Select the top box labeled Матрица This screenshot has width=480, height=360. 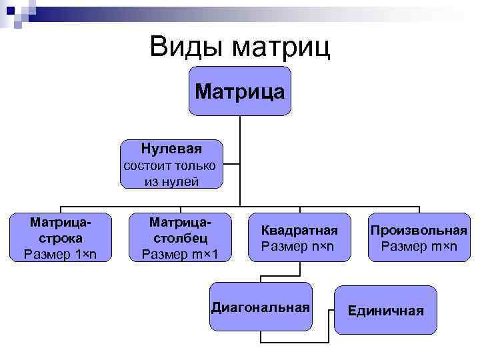pyautogui.click(x=240, y=91)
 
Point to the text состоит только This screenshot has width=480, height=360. pyautogui.click(x=171, y=165)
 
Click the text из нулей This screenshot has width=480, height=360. pyautogui.click(x=171, y=181)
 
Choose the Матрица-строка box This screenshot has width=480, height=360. pyautogui.click(x=60, y=237)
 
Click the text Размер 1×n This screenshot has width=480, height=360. pyautogui.click(x=60, y=253)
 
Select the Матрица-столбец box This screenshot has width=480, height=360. pyautogui.click(x=179, y=237)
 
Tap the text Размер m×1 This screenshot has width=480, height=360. pyautogui.click(x=179, y=253)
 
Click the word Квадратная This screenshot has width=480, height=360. pyautogui.click(x=299, y=230)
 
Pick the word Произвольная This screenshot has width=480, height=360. pyautogui.click(x=419, y=230)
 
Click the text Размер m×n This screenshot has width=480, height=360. pyautogui.click(x=419, y=247)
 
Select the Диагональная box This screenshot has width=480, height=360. pyautogui.click(x=261, y=307)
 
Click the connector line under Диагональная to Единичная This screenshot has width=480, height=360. pyautogui.click(x=293, y=343)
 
